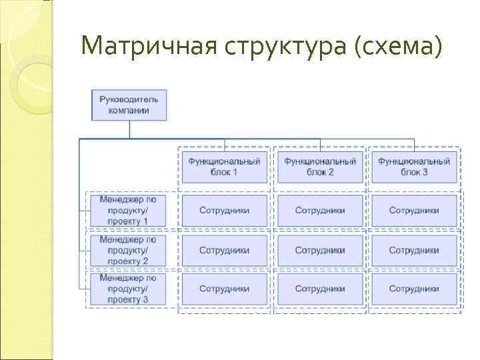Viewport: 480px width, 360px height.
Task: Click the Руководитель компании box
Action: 129,105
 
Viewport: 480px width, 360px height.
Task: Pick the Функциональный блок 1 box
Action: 224,166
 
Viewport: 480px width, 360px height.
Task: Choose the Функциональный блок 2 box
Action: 320,166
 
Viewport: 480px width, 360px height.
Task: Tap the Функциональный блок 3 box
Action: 414,166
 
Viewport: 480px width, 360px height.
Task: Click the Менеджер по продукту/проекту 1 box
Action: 127,210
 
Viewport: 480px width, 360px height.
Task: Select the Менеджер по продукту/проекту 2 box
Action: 127,250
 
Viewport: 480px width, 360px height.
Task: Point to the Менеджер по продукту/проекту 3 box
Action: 127,289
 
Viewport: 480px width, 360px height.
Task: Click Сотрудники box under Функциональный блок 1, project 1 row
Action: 224,210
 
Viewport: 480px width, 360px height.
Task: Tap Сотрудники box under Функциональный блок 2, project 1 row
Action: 320,210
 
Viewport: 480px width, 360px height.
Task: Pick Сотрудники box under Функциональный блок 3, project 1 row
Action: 414,210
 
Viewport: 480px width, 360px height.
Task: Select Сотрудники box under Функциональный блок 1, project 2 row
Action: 224,250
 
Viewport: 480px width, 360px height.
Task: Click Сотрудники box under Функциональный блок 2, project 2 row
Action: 320,250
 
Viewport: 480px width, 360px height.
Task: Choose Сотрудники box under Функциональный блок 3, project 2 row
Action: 414,250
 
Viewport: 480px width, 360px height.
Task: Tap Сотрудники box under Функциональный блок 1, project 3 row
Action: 224,289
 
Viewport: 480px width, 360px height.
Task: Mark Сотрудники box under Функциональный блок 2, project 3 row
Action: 320,289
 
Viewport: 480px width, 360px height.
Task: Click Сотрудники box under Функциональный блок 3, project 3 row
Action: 414,289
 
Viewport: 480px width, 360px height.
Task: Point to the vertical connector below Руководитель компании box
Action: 129,130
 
